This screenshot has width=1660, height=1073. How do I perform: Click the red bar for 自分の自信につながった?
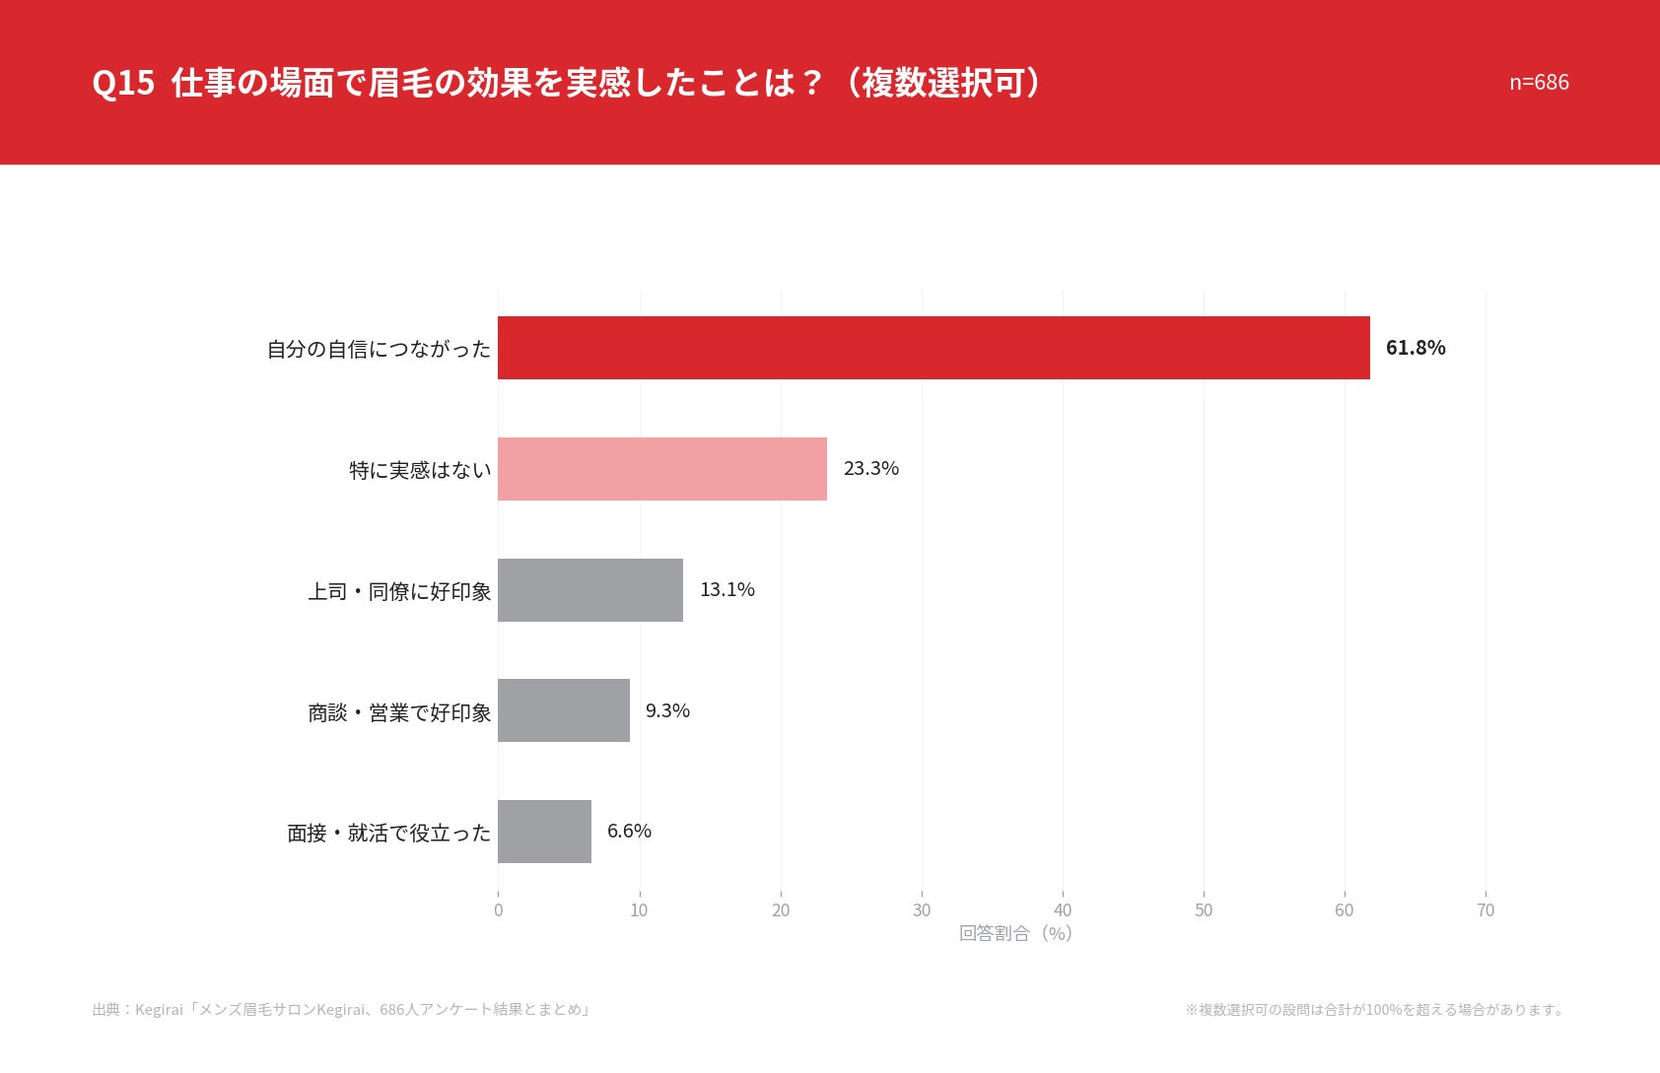coord(934,348)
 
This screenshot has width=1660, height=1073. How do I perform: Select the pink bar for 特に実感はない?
coord(662,469)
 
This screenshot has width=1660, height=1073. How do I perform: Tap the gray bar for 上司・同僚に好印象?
coord(590,590)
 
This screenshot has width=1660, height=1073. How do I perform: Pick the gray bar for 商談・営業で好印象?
coord(564,710)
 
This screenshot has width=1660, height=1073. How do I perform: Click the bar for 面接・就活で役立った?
coord(545,832)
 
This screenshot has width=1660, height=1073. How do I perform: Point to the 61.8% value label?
coord(1416,348)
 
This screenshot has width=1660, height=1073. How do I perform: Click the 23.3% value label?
coord(870,469)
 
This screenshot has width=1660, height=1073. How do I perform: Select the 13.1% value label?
coord(727,589)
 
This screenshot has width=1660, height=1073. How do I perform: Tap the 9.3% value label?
coord(667,710)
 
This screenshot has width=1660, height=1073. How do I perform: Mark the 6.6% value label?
coord(629,831)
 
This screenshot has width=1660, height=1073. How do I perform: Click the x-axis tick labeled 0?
coord(498,910)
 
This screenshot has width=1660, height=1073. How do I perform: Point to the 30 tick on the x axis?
coord(921,910)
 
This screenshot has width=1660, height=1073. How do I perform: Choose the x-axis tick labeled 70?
coord(1486,910)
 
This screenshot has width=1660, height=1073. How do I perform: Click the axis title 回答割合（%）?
coord(1016,933)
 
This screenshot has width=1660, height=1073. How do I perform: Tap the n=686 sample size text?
coord(1539,82)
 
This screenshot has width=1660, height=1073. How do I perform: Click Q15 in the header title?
coord(123,83)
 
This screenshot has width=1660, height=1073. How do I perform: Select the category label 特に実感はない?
coord(420,470)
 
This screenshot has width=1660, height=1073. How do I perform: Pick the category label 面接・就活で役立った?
coord(389,833)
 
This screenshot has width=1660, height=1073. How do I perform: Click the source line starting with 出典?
coord(341,1009)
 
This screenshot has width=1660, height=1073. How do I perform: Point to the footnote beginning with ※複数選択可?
coord(1375,1009)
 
